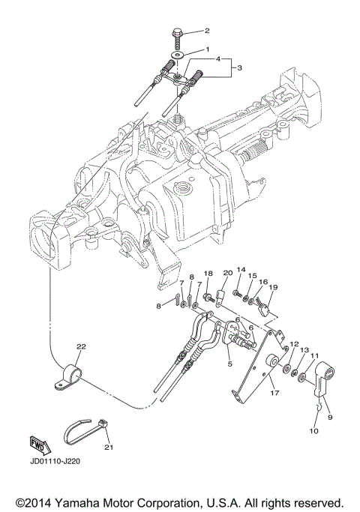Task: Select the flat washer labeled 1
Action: click(x=178, y=55)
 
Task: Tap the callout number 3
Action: click(x=240, y=67)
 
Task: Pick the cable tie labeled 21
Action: click(x=88, y=431)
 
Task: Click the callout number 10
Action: click(x=312, y=431)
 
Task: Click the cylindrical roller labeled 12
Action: click(x=286, y=369)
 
